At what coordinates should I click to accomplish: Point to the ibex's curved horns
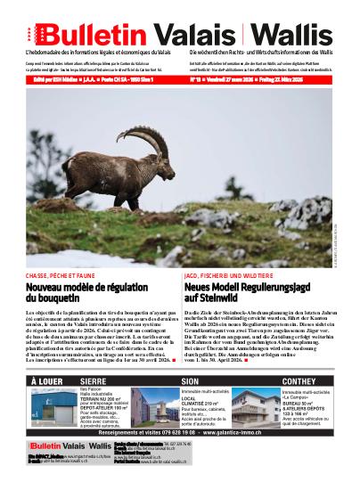pyautogui.click(x=145, y=139)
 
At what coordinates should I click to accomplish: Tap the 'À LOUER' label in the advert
pyautogui.click(x=47, y=380)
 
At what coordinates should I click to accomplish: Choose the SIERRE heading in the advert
pyautogui.click(x=99, y=380)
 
